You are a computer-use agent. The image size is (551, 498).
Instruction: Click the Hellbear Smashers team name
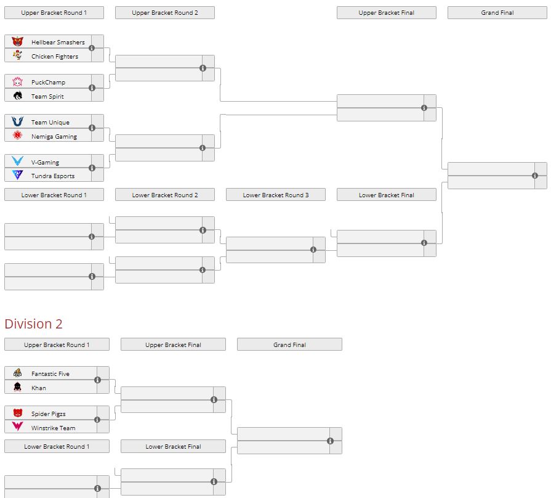[x=58, y=43]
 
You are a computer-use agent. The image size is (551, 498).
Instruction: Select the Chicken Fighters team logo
[x=18, y=56]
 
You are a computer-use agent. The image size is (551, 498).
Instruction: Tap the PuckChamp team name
[x=48, y=82]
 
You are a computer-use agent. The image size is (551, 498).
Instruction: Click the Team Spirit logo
[x=18, y=96]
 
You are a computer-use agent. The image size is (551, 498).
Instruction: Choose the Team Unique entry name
[x=50, y=123]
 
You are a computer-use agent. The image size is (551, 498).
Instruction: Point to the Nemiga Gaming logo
[x=18, y=136]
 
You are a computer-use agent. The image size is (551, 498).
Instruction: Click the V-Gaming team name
[x=45, y=163]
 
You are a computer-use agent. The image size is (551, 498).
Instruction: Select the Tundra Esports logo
[x=18, y=176]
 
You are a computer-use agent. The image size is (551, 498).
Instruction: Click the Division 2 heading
[x=33, y=324]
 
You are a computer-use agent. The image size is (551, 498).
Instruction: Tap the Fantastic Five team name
[x=50, y=374]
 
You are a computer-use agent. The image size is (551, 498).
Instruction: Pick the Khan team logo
[x=18, y=388]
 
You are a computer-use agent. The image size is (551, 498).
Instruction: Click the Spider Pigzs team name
[x=49, y=414]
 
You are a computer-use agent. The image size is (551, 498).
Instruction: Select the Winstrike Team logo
[x=18, y=428]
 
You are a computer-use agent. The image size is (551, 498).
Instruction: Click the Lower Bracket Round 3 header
[x=276, y=195]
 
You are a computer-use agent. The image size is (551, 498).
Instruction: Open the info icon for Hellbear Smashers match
[x=92, y=48]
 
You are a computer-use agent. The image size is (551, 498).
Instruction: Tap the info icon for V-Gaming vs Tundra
[x=92, y=168]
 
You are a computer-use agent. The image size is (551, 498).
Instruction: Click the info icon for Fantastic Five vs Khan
[x=97, y=380]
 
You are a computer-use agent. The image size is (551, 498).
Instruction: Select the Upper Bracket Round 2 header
[x=165, y=13]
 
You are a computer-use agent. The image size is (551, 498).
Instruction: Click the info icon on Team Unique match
[x=92, y=128]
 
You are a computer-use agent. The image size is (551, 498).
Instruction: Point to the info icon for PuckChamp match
[x=92, y=88]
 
